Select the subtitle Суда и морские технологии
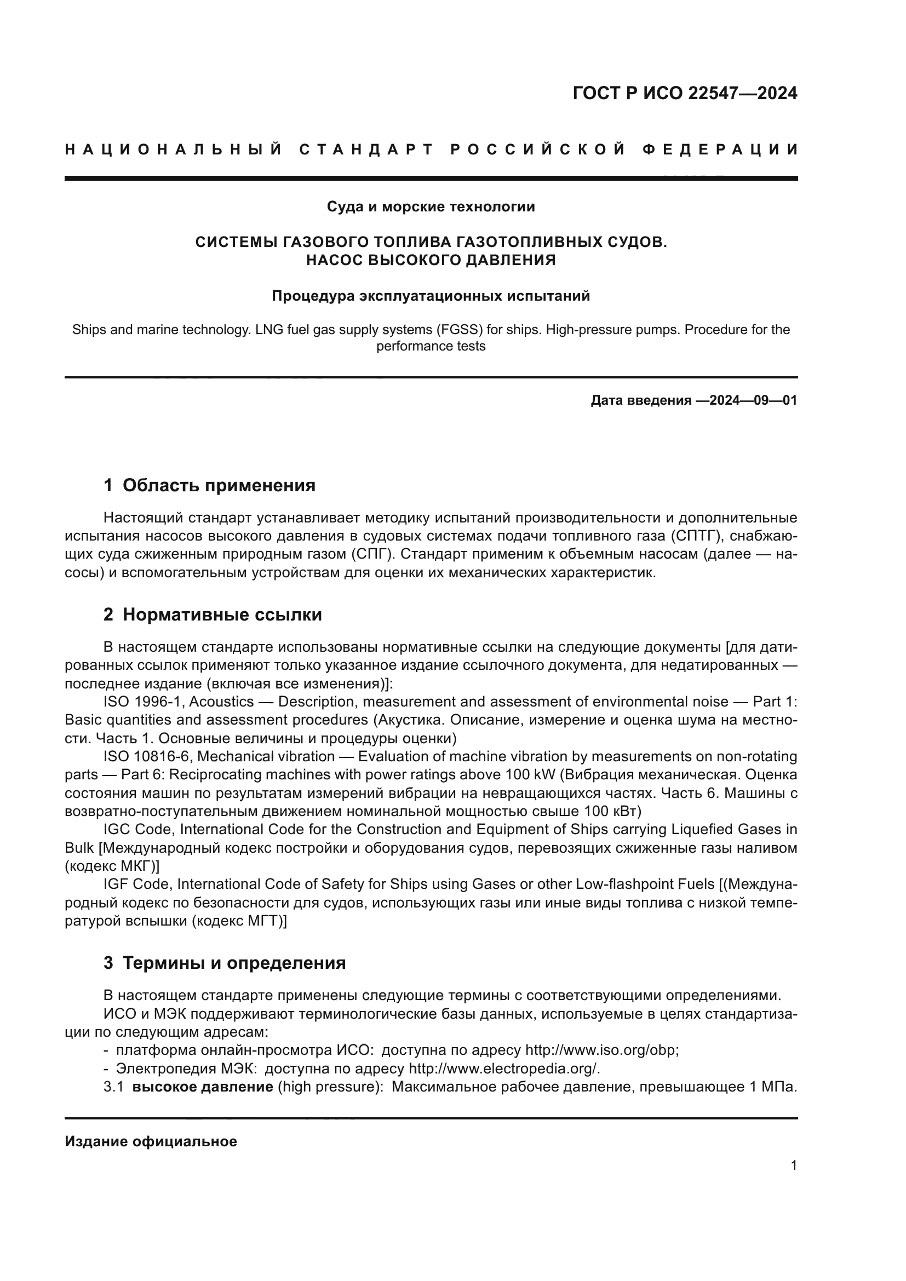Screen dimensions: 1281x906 pos(431,206)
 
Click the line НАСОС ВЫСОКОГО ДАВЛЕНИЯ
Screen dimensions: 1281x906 pos(431,260)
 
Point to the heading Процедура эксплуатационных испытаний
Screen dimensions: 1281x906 pos(431,296)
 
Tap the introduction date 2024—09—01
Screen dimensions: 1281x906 pos(753,400)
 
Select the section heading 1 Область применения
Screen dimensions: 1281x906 pos(209,485)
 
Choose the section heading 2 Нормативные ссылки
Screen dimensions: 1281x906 pos(213,614)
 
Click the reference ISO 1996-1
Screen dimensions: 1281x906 pos(144,702)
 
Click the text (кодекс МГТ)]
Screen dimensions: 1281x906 pos(239,921)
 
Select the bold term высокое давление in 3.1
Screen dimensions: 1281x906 pos(203,1087)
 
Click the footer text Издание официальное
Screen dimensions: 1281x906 pos(151,1141)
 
